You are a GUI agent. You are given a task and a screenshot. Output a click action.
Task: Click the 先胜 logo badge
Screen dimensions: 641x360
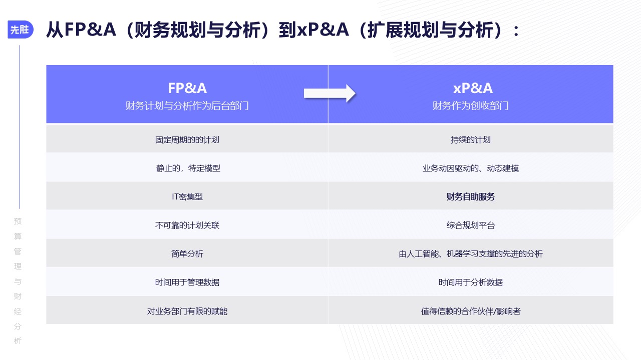21,29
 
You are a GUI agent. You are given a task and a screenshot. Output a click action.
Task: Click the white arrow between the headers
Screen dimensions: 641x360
330,93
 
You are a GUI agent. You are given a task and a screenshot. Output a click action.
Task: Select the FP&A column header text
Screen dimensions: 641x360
187,88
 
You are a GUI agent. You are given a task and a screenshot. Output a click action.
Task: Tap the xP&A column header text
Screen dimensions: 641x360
473,88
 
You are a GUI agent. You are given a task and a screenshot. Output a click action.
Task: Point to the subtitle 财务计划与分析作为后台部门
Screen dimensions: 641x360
187,105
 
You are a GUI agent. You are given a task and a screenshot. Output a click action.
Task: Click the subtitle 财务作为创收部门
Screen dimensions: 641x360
470,105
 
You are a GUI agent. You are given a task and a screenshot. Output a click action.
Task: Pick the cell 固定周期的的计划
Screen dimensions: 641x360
187,139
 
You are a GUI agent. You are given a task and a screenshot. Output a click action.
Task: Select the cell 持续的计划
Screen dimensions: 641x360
470,139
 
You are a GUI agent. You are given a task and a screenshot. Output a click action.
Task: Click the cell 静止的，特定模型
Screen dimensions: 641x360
188,168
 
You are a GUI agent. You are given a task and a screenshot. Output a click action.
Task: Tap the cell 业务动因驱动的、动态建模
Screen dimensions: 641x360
470,168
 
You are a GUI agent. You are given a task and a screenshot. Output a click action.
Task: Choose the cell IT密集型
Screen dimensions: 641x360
187,196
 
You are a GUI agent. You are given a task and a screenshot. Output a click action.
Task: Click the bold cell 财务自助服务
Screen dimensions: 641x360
470,196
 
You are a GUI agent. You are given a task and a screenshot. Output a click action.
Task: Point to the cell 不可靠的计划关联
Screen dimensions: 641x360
187,225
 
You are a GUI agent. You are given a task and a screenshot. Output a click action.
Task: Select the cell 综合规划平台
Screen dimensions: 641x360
470,225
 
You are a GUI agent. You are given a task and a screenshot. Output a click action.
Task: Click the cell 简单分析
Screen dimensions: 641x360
187,253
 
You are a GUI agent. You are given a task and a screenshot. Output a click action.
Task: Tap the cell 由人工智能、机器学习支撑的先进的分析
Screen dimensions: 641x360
470,253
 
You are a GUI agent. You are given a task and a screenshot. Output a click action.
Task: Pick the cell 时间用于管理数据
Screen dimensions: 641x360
187,282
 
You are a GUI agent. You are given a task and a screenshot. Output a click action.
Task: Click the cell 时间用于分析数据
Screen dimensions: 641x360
470,282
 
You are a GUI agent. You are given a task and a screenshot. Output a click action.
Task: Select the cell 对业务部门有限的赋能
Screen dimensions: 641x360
187,311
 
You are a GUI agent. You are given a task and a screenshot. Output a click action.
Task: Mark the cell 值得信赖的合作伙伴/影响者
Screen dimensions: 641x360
470,311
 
